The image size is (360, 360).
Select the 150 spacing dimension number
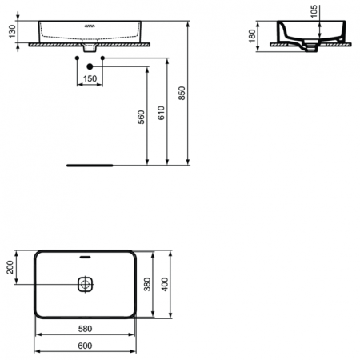click(x=90, y=78)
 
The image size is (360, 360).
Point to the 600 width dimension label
click(x=86, y=346)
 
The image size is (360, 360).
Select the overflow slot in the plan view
click(x=86, y=259)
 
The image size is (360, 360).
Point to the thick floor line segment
click(x=89, y=166)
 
